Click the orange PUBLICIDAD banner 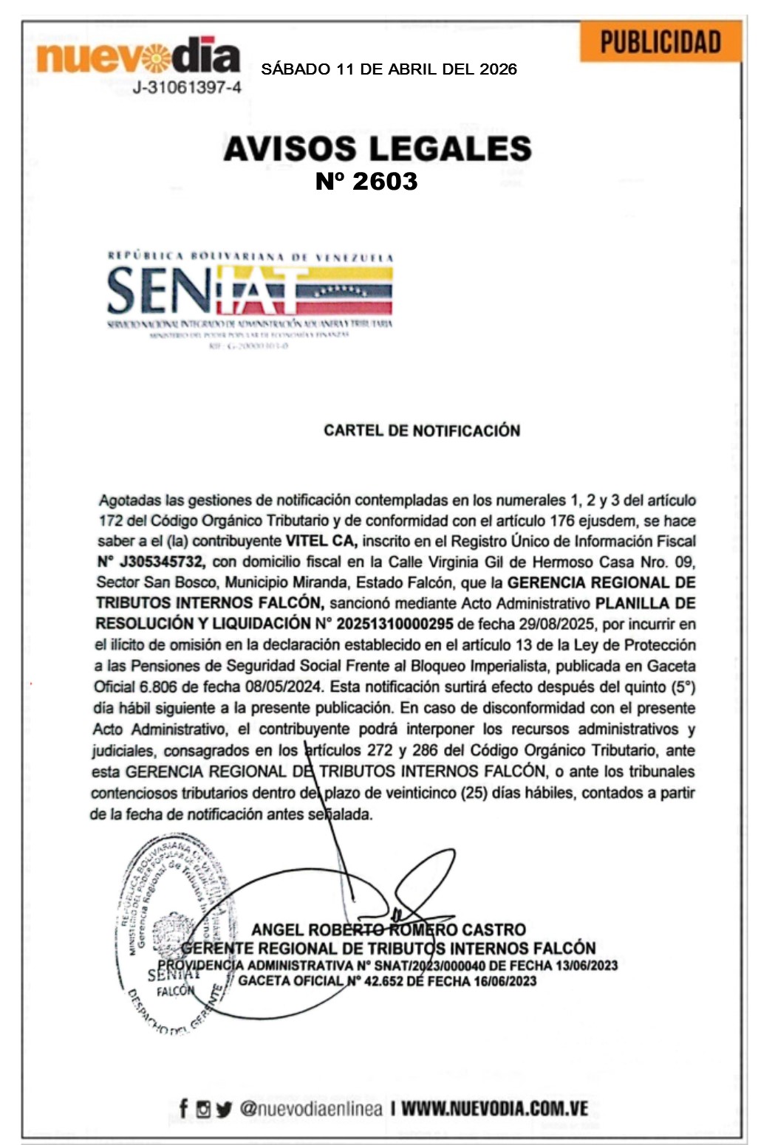[x=660, y=42]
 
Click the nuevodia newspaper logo [x=138, y=56]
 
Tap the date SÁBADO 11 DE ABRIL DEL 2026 [x=389, y=69]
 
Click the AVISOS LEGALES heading [x=378, y=148]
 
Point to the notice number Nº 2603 [x=366, y=181]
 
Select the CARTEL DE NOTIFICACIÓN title [x=421, y=430]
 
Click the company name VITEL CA [x=321, y=540]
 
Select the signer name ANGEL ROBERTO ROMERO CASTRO [x=389, y=929]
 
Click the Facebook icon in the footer [x=183, y=1108]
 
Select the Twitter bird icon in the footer [x=224, y=1109]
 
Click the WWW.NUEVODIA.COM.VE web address [x=494, y=1108]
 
